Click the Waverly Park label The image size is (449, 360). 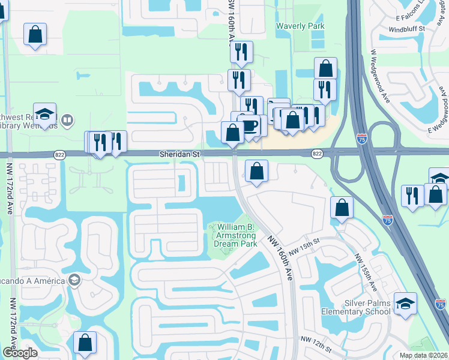300,26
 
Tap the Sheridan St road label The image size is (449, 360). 179,154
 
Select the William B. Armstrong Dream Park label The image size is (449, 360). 237,235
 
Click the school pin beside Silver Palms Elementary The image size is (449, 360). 405,303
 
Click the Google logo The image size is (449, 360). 20,353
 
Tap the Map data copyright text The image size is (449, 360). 424,355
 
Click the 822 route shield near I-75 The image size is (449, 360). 317,154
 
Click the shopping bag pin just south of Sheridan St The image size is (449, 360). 256,172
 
